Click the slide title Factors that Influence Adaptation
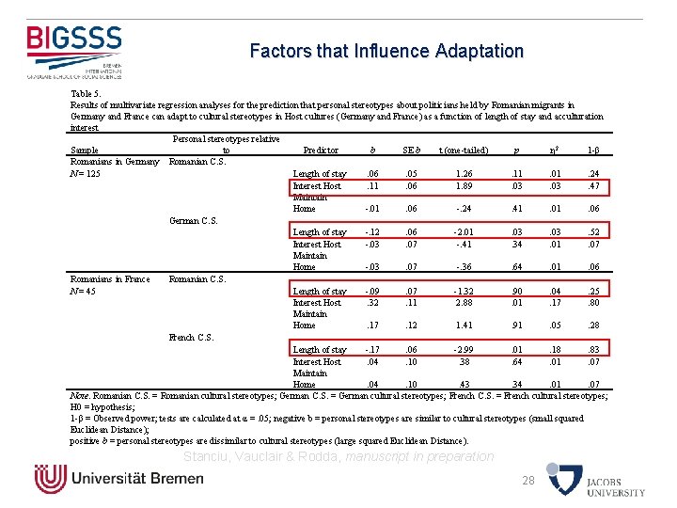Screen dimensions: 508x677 pos(386,51)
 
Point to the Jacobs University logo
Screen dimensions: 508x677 pos(615,480)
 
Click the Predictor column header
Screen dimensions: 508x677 pos(321,150)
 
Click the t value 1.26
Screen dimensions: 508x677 pos(464,174)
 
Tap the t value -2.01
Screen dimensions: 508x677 pos(464,232)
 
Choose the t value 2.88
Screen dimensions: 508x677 pos(464,303)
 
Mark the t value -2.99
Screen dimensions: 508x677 pos(464,350)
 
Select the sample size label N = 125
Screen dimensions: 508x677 pos(87,174)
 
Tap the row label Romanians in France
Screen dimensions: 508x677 pos(110,279)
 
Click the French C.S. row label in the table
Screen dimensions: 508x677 pos(192,337)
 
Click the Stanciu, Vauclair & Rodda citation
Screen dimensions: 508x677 pos(338,456)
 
